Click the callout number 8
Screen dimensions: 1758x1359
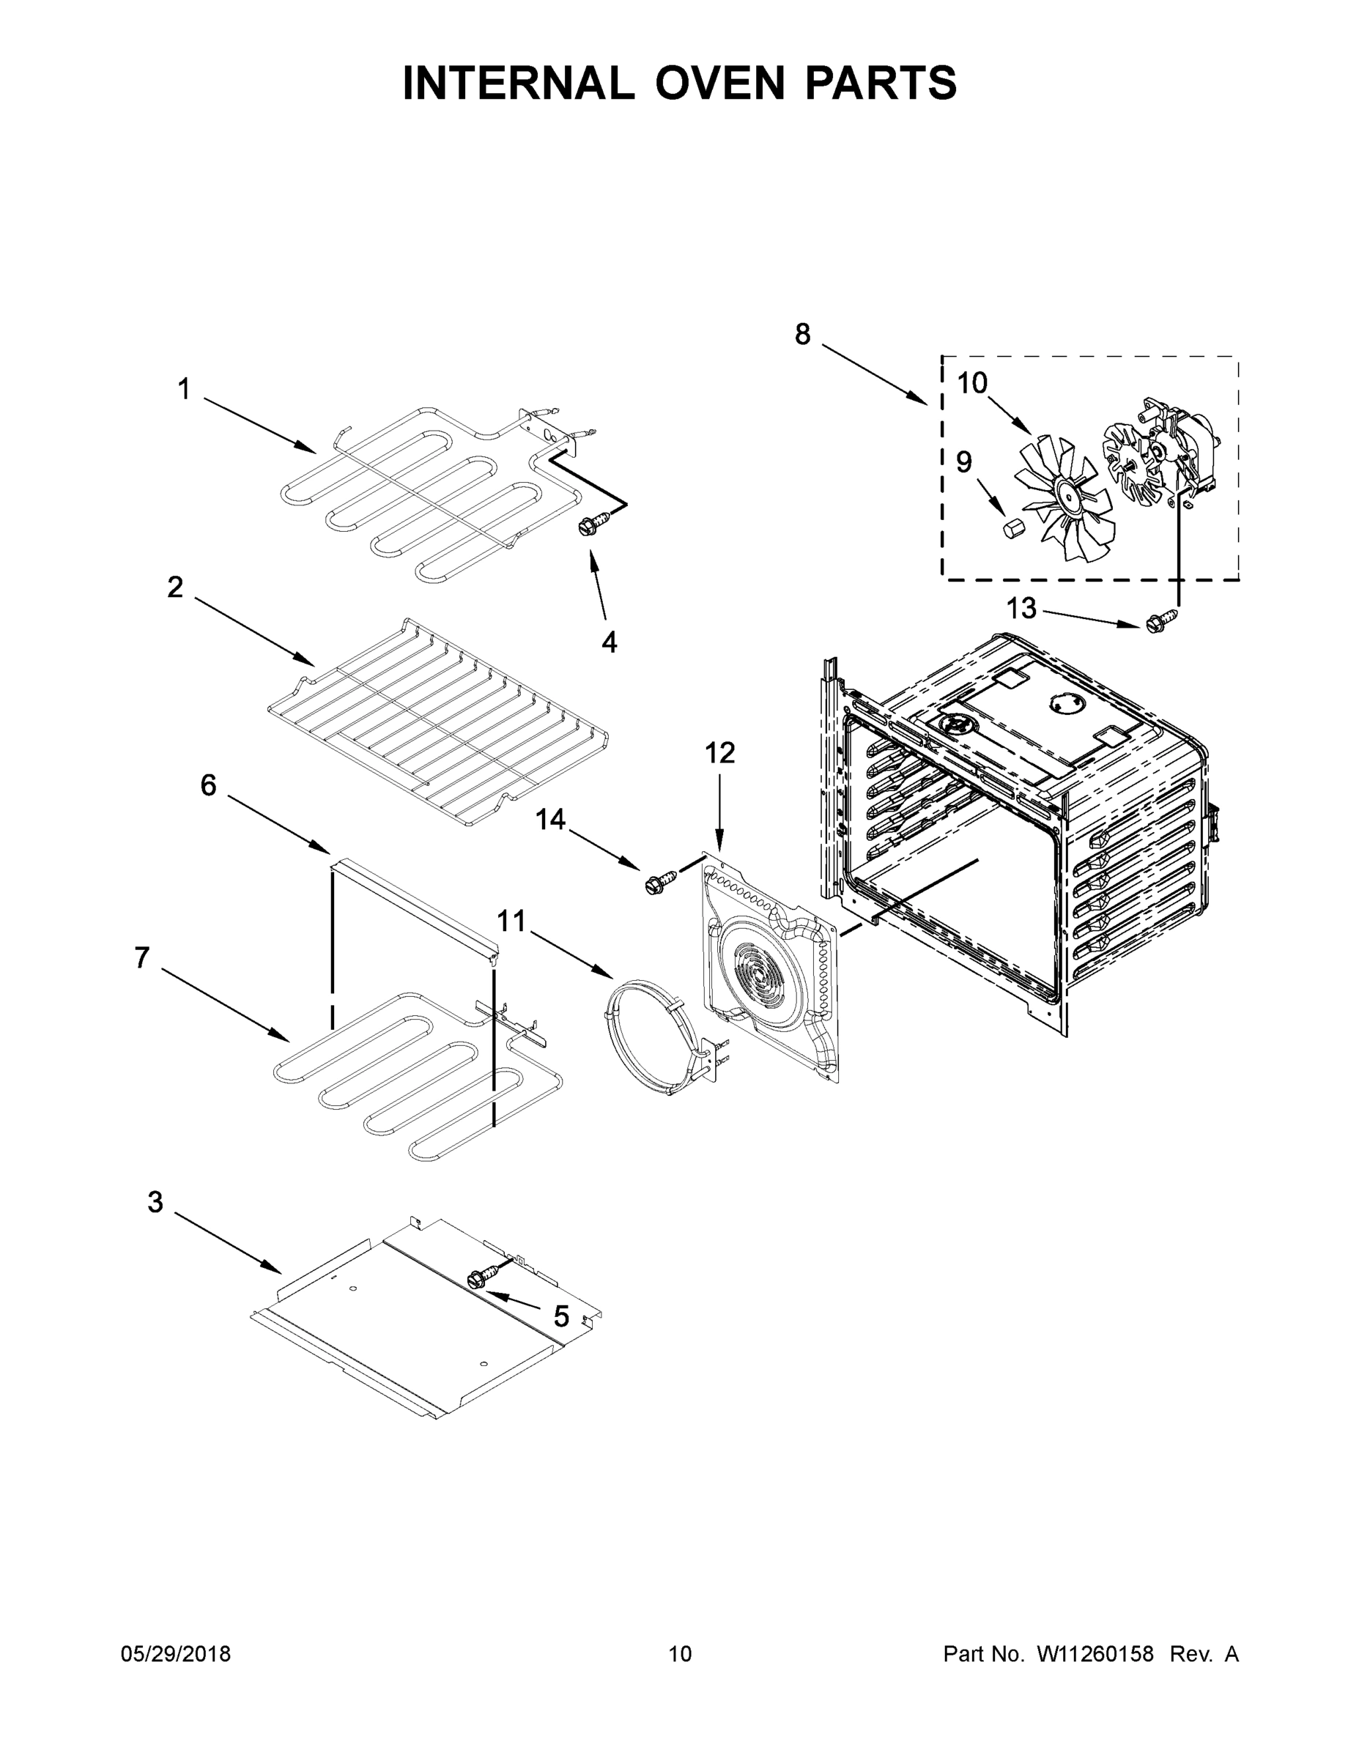pyautogui.click(x=802, y=335)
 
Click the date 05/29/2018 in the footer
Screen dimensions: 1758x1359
pyautogui.click(x=176, y=1654)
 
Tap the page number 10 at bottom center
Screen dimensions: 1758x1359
pyautogui.click(x=680, y=1654)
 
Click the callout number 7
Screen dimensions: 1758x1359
pyautogui.click(x=141, y=958)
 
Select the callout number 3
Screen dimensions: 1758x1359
pyautogui.click(x=155, y=1202)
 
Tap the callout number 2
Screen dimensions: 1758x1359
pyautogui.click(x=174, y=587)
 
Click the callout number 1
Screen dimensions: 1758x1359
pyautogui.click(x=185, y=390)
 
